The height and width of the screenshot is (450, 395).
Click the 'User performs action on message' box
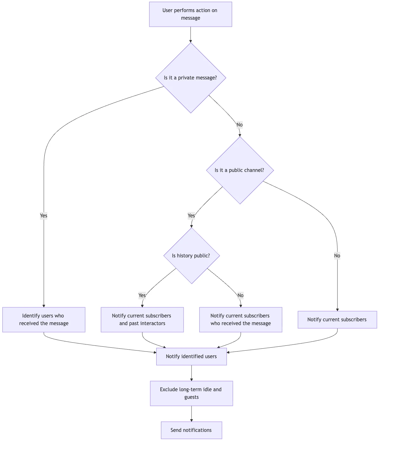click(191, 14)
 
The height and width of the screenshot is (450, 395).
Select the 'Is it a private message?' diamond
click(191, 78)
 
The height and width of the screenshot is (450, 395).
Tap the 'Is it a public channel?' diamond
click(240, 170)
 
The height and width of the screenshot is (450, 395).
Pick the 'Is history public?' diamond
click(191, 256)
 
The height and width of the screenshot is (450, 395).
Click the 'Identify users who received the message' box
click(44, 320)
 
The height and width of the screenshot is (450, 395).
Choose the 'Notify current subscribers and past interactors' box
click(142, 320)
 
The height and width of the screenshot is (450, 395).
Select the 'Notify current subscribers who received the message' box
click(241, 320)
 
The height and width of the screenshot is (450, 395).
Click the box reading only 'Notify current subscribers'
click(337, 320)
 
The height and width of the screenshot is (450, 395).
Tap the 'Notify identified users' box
click(191, 357)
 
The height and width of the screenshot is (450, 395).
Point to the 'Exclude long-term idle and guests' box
click(191, 393)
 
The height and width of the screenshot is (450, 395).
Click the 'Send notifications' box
click(191, 430)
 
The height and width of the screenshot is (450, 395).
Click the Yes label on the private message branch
click(44, 216)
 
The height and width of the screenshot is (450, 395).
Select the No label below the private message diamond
click(240, 125)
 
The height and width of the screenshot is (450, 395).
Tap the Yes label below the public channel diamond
click(191, 216)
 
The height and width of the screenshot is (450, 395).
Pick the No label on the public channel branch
click(337, 256)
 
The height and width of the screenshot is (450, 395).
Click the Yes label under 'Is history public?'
click(142, 296)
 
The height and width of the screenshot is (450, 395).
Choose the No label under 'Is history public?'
click(241, 296)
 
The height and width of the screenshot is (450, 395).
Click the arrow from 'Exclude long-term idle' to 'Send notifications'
click(191, 414)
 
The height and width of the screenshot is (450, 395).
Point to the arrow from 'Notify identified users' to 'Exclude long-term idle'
click(191, 373)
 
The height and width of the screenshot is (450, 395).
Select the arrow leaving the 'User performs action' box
click(191, 35)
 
